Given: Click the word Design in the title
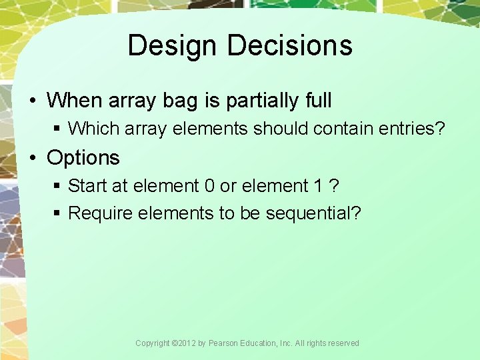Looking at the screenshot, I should (173, 46).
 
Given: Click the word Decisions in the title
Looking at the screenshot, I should (289, 46).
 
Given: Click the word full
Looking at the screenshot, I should (315, 101).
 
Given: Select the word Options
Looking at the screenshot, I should (83, 158).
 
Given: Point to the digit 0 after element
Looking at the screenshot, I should (209, 185).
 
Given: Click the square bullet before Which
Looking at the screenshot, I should (58, 129).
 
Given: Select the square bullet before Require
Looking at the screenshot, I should (58, 214).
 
